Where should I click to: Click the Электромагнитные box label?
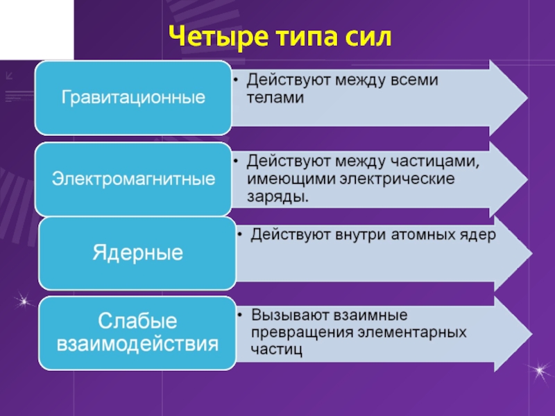pos(134,179)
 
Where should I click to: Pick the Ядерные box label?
pos(138,252)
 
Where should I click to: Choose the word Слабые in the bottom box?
pos(137,321)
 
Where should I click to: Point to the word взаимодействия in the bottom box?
pos(137,343)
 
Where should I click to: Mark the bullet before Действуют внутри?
pos(238,236)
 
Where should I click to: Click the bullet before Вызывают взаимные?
pos(238,317)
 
